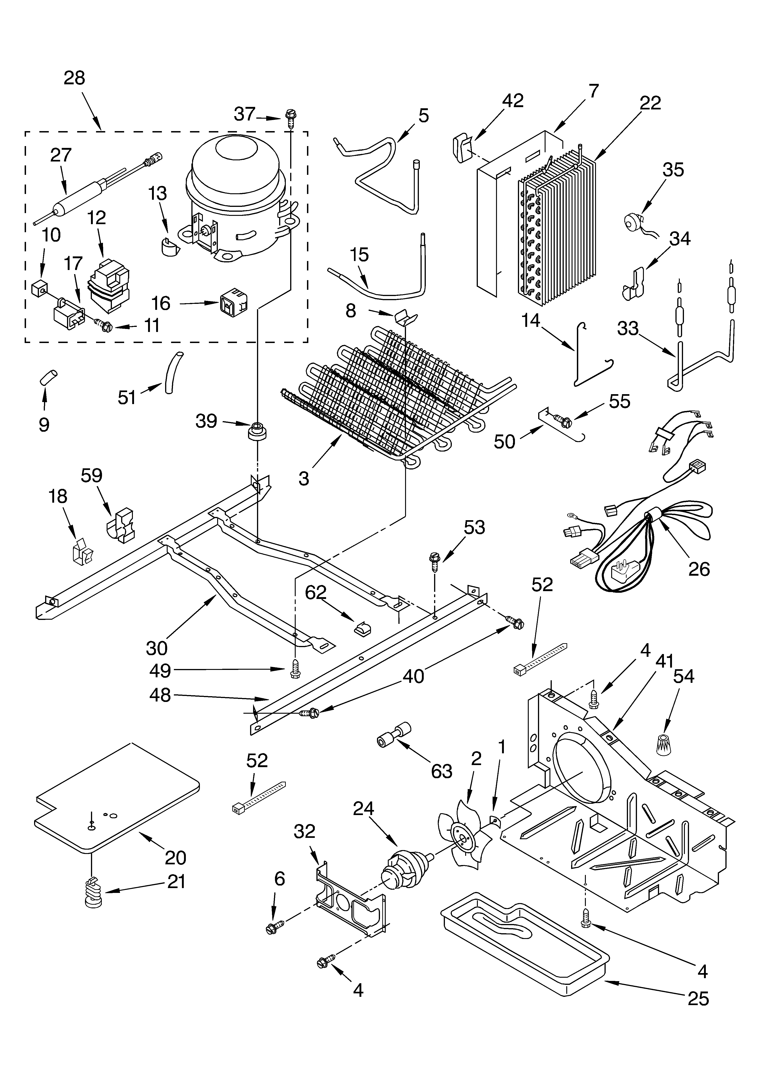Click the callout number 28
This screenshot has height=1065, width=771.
pyautogui.click(x=74, y=78)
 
